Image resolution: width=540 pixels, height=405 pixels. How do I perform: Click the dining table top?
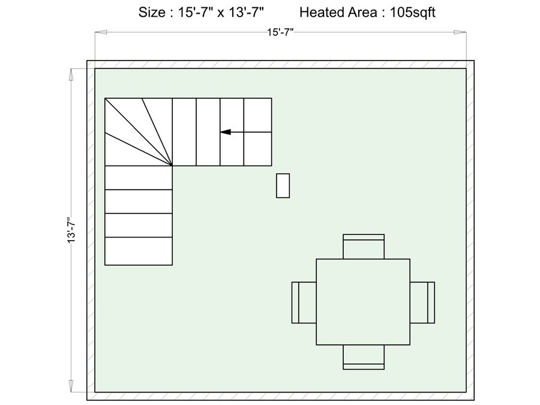point(363,302)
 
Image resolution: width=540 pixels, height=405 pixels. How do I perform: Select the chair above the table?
point(364,247)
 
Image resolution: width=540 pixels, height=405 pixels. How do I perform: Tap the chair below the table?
point(364,357)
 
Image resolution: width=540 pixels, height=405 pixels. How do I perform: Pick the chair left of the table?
point(304,302)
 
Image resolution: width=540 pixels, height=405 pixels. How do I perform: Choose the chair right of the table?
point(422,302)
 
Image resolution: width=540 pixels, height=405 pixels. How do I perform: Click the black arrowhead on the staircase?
point(226,132)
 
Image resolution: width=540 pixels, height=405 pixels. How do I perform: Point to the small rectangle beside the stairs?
point(283,185)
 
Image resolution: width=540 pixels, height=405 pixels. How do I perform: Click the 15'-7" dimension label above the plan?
point(280,32)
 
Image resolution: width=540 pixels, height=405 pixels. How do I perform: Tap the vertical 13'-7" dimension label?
point(71,230)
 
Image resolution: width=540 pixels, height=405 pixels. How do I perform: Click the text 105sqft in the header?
point(413,13)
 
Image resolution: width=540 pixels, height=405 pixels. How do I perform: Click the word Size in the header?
point(152,13)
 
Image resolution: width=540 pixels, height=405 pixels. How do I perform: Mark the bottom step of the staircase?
point(139,251)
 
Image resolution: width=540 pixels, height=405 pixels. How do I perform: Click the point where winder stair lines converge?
point(172,166)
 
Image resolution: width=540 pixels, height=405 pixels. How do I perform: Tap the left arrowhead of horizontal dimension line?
point(101,32)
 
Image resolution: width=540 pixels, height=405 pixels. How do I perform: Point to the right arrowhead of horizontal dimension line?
point(460,32)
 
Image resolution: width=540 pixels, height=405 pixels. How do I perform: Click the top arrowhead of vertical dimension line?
point(71,74)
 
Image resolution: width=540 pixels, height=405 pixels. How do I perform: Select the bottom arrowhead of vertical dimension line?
point(71,386)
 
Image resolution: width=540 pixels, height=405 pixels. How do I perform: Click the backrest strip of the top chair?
point(364,237)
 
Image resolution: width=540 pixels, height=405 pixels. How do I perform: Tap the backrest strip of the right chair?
point(431,302)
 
